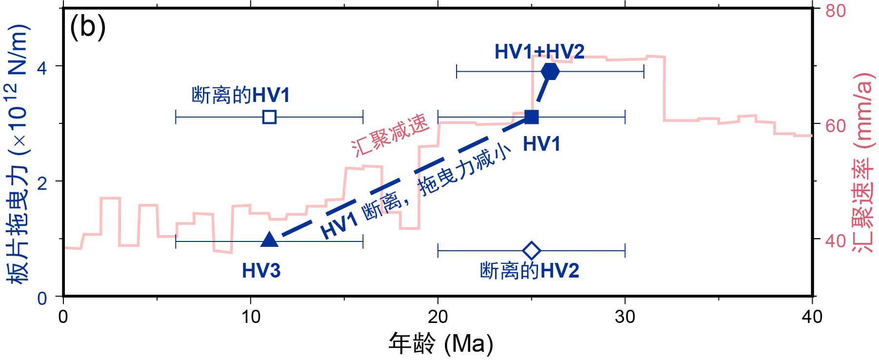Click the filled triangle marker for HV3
(x=269, y=240)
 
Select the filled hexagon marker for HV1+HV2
(x=550, y=72)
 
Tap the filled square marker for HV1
(x=531, y=117)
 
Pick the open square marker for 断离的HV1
(x=269, y=117)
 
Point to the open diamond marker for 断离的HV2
(x=531, y=251)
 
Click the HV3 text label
(x=261, y=271)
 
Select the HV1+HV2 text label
(x=539, y=51)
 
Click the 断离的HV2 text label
(x=529, y=271)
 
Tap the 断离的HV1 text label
(x=240, y=95)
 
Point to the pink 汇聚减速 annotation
(x=390, y=135)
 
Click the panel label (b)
(x=88, y=27)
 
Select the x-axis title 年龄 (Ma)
(x=440, y=343)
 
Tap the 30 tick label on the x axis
(x=625, y=317)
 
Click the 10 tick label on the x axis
(x=250, y=317)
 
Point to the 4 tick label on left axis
(x=42, y=67)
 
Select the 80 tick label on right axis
(x=836, y=11)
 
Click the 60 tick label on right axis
(x=836, y=125)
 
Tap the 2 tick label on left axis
(x=42, y=182)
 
